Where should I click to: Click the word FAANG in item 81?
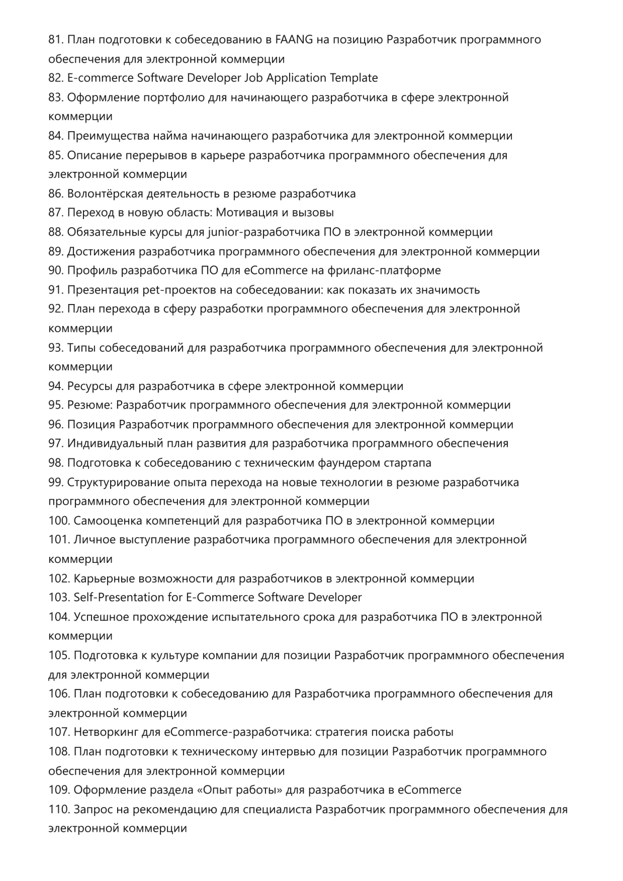294,39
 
